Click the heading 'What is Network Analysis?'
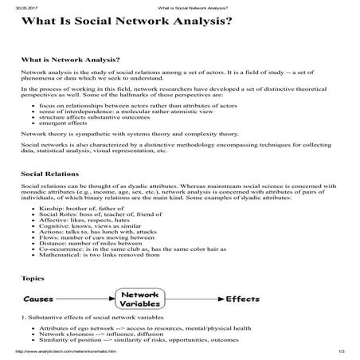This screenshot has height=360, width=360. click(70, 60)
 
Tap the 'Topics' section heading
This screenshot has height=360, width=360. click(33, 280)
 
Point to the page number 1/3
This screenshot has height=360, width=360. click(342, 352)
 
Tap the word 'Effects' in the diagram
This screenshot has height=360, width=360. click(239, 300)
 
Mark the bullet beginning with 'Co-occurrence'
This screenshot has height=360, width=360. click(135, 254)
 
